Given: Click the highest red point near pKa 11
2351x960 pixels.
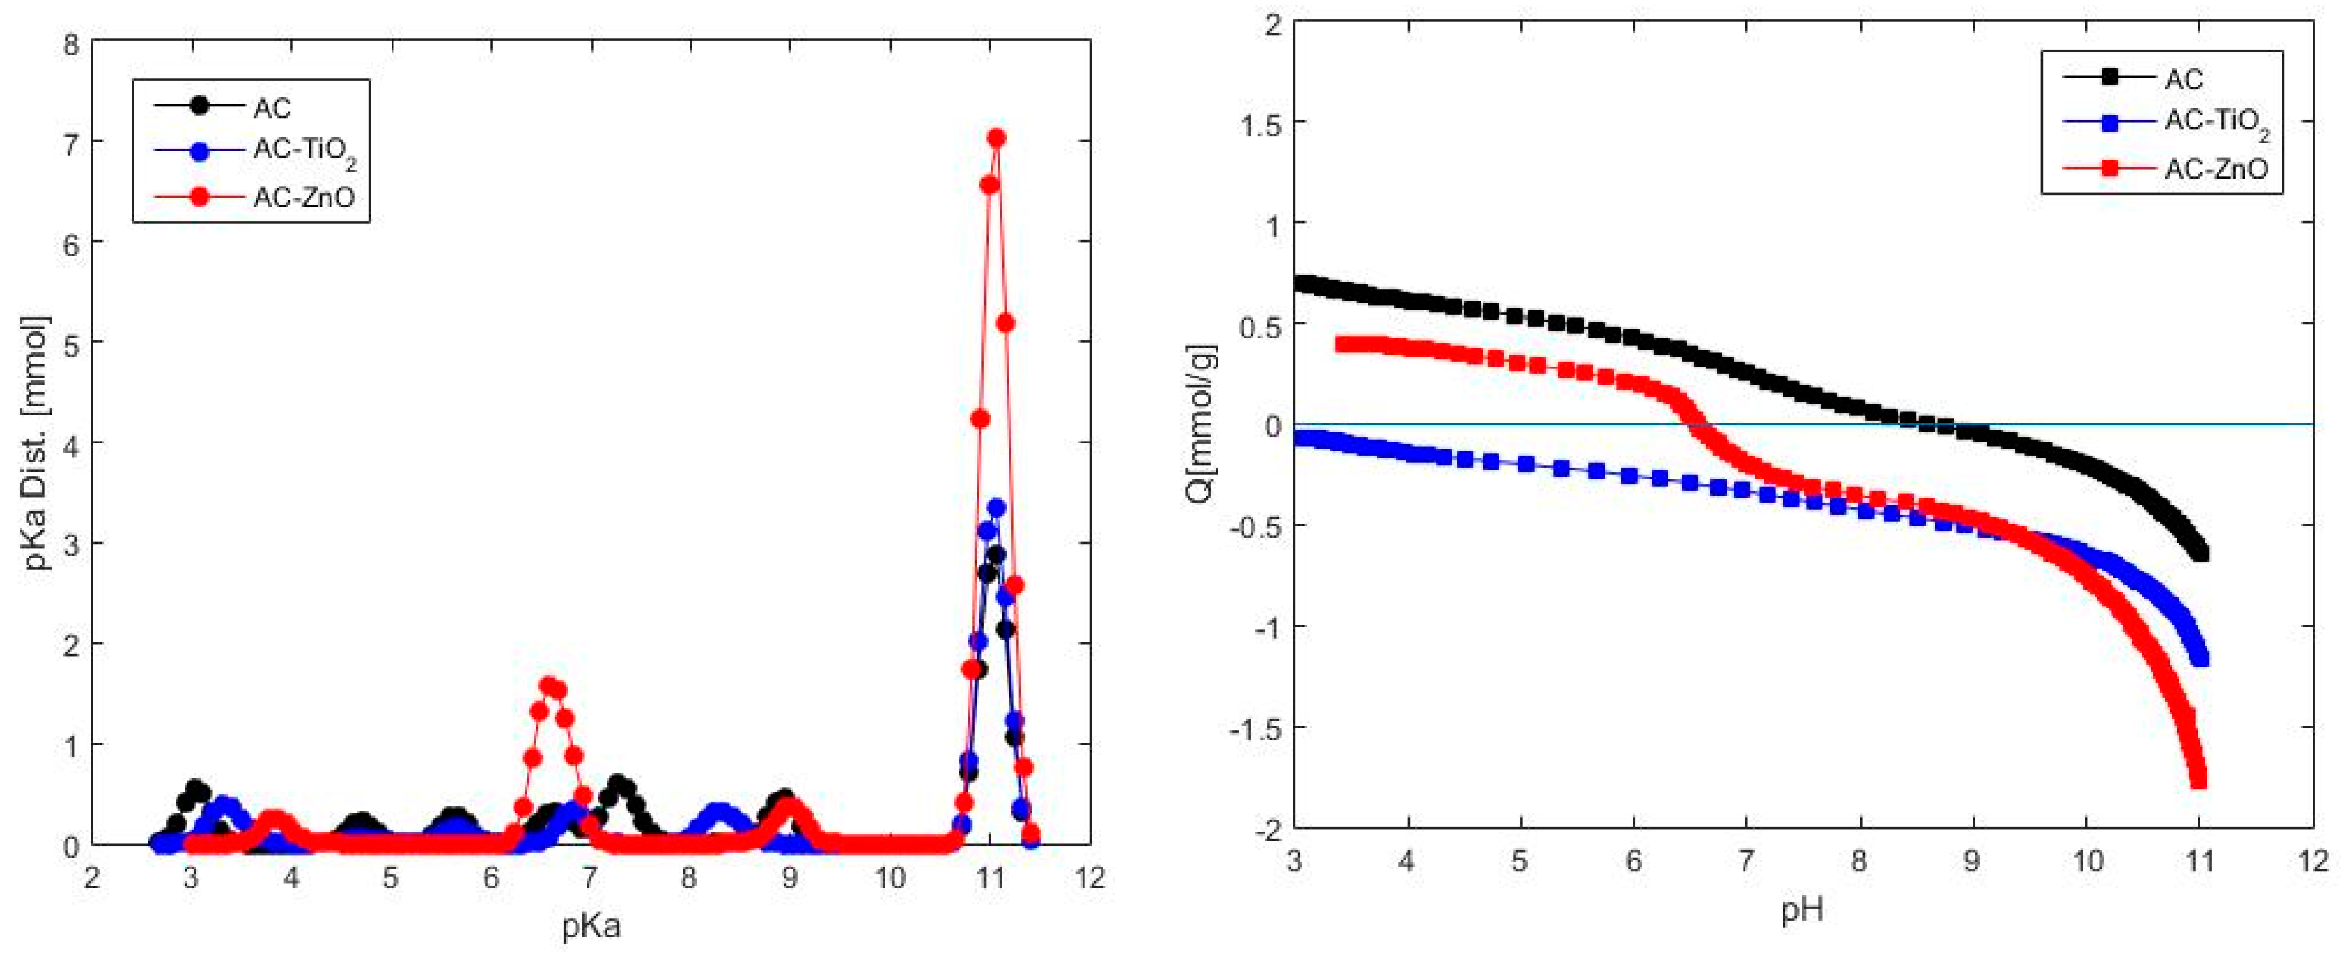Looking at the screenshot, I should coord(996,138).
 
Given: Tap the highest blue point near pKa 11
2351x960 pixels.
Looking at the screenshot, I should coord(996,507).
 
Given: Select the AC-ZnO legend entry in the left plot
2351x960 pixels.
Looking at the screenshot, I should coord(303,197).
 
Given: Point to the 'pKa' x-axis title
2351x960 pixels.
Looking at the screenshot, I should coord(591,927).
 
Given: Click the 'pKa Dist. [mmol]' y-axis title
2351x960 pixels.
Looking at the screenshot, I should coord(37,443).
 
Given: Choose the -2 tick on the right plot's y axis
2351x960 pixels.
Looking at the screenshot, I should coord(1264,828).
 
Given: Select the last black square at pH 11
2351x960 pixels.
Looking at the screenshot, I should coord(2200,552).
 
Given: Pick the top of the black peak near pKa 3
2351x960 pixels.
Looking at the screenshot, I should coord(194,787).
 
